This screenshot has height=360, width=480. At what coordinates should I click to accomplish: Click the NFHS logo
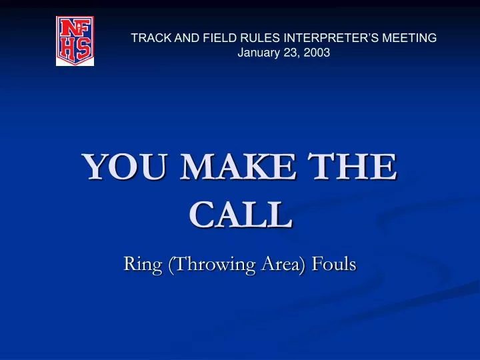tap(75, 41)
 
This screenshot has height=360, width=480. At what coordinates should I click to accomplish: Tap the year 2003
tap(317, 53)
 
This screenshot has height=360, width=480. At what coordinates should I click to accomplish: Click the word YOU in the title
tap(119, 167)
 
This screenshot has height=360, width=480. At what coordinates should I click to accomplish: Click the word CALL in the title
tap(240, 215)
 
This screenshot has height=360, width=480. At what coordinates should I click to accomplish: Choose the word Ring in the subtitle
tap(143, 265)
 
